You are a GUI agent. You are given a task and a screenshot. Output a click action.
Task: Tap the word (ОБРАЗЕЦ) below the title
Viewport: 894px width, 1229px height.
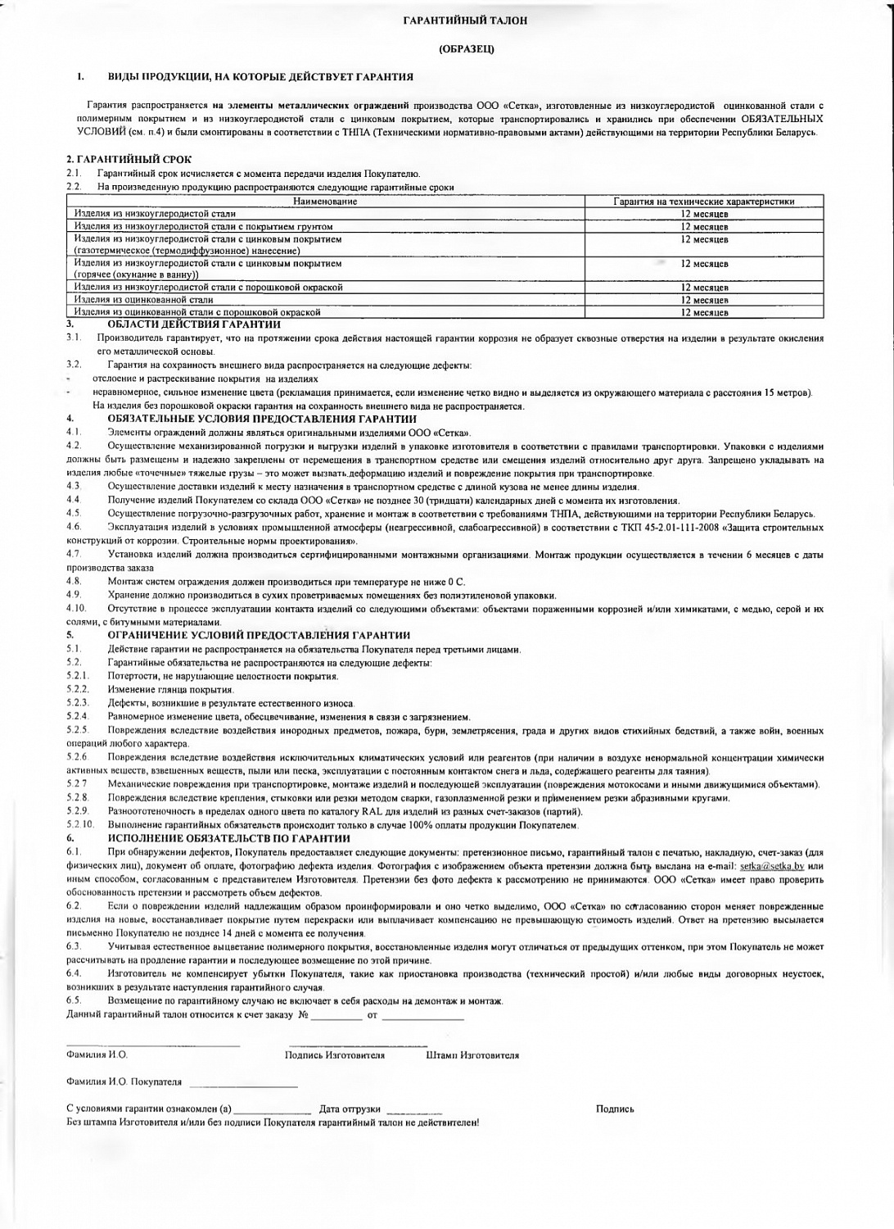[465, 49]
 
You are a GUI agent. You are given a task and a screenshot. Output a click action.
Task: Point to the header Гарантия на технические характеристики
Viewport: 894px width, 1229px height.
[705, 202]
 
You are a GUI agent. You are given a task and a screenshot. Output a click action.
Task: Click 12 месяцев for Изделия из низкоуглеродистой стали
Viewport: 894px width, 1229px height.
[705, 214]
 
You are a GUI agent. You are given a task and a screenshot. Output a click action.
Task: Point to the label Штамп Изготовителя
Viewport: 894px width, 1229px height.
[472, 1055]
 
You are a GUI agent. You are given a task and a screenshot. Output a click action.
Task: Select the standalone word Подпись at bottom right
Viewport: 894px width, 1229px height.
[615, 1109]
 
